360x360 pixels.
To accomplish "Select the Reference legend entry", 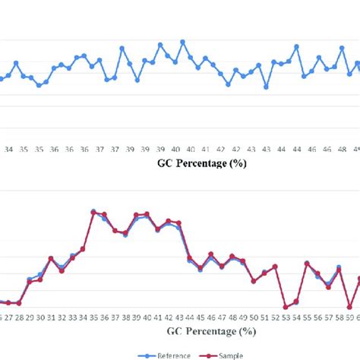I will point(169,355).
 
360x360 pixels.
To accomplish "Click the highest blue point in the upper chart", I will point(182,42).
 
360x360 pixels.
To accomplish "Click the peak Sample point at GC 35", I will point(93,212).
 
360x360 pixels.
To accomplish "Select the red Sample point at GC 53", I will point(286,307).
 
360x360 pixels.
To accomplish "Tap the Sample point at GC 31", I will point(51,259).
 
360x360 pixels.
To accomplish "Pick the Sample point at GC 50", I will point(254,281).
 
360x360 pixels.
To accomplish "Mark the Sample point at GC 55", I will point(307,264).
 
